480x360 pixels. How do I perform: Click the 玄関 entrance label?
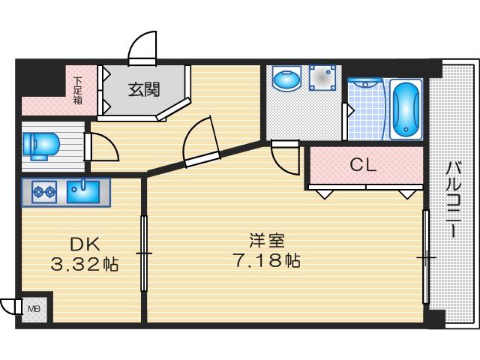[144, 90]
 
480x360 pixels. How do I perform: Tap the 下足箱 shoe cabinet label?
[78, 91]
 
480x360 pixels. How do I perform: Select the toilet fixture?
[40, 146]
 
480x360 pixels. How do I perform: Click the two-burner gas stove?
[44, 192]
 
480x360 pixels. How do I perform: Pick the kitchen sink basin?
[83, 192]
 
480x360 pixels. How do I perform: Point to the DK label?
[85, 244]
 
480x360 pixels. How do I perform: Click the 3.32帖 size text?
[85, 264]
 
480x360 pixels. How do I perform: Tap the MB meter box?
[34, 309]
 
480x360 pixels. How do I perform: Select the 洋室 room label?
[267, 241]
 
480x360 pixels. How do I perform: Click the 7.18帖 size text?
[266, 260]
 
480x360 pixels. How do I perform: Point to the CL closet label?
[363, 165]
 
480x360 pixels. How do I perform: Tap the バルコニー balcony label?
[453, 199]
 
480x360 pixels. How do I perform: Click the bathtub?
[406, 109]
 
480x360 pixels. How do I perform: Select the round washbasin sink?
[286, 79]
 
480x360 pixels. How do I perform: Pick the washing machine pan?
[322, 78]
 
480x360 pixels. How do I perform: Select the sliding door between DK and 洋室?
[144, 253]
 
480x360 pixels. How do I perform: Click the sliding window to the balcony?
[426, 256]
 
